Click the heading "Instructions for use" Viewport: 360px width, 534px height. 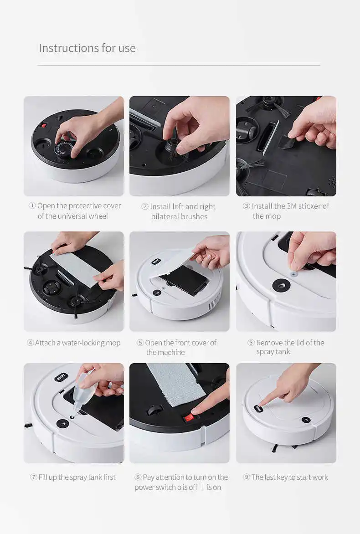pyautogui.click(x=87, y=48)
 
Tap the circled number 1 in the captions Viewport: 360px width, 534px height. pyautogui.click(x=32, y=206)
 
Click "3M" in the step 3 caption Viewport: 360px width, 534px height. pyautogui.click(x=292, y=206)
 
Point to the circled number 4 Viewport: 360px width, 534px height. pyautogui.click(x=30, y=343)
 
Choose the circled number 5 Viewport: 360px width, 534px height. pyautogui.click(x=140, y=343)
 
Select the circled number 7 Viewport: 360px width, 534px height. pyautogui.click(x=33, y=478)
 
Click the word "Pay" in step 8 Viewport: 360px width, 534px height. pyautogui.click(x=149, y=477)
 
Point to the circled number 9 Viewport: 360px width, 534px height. pyautogui.click(x=247, y=478)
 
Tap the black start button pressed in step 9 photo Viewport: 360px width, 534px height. pyautogui.click(x=258, y=408)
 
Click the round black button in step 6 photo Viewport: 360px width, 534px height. pyautogui.click(x=281, y=285)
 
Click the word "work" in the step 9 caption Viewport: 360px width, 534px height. pyautogui.click(x=320, y=477)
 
